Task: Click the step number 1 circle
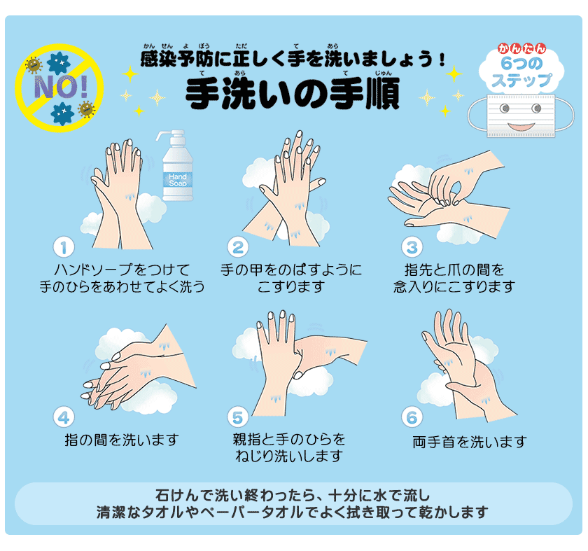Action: pyautogui.click(x=64, y=247)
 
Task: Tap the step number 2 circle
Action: pyautogui.click(x=238, y=247)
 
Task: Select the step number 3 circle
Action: pyautogui.click(x=412, y=247)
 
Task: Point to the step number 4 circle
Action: pyautogui.click(x=64, y=417)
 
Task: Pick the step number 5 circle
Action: pyautogui.click(x=238, y=417)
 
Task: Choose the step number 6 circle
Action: pyautogui.click(x=412, y=417)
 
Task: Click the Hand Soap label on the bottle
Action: pyautogui.click(x=178, y=180)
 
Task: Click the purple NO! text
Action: pyautogui.click(x=61, y=87)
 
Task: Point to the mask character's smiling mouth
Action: pyautogui.click(x=521, y=127)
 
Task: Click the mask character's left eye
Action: pyautogui.click(x=505, y=109)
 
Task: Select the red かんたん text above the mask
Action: pyautogui.click(x=521, y=48)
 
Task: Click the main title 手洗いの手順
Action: pyautogui.click(x=293, y=93)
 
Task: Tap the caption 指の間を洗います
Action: pyautogui.click(x=122, y=440)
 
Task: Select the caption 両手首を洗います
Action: pyautogui.click(x=470, y=442)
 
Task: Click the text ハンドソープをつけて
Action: pyautogui.click(x=122, y=270)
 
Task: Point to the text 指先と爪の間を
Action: pyautogui.click(x=454, y=270)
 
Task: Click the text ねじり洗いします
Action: pyautogui.click(x=289, y=456)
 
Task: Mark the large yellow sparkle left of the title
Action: pyautogui.click(x=130, y=74)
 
